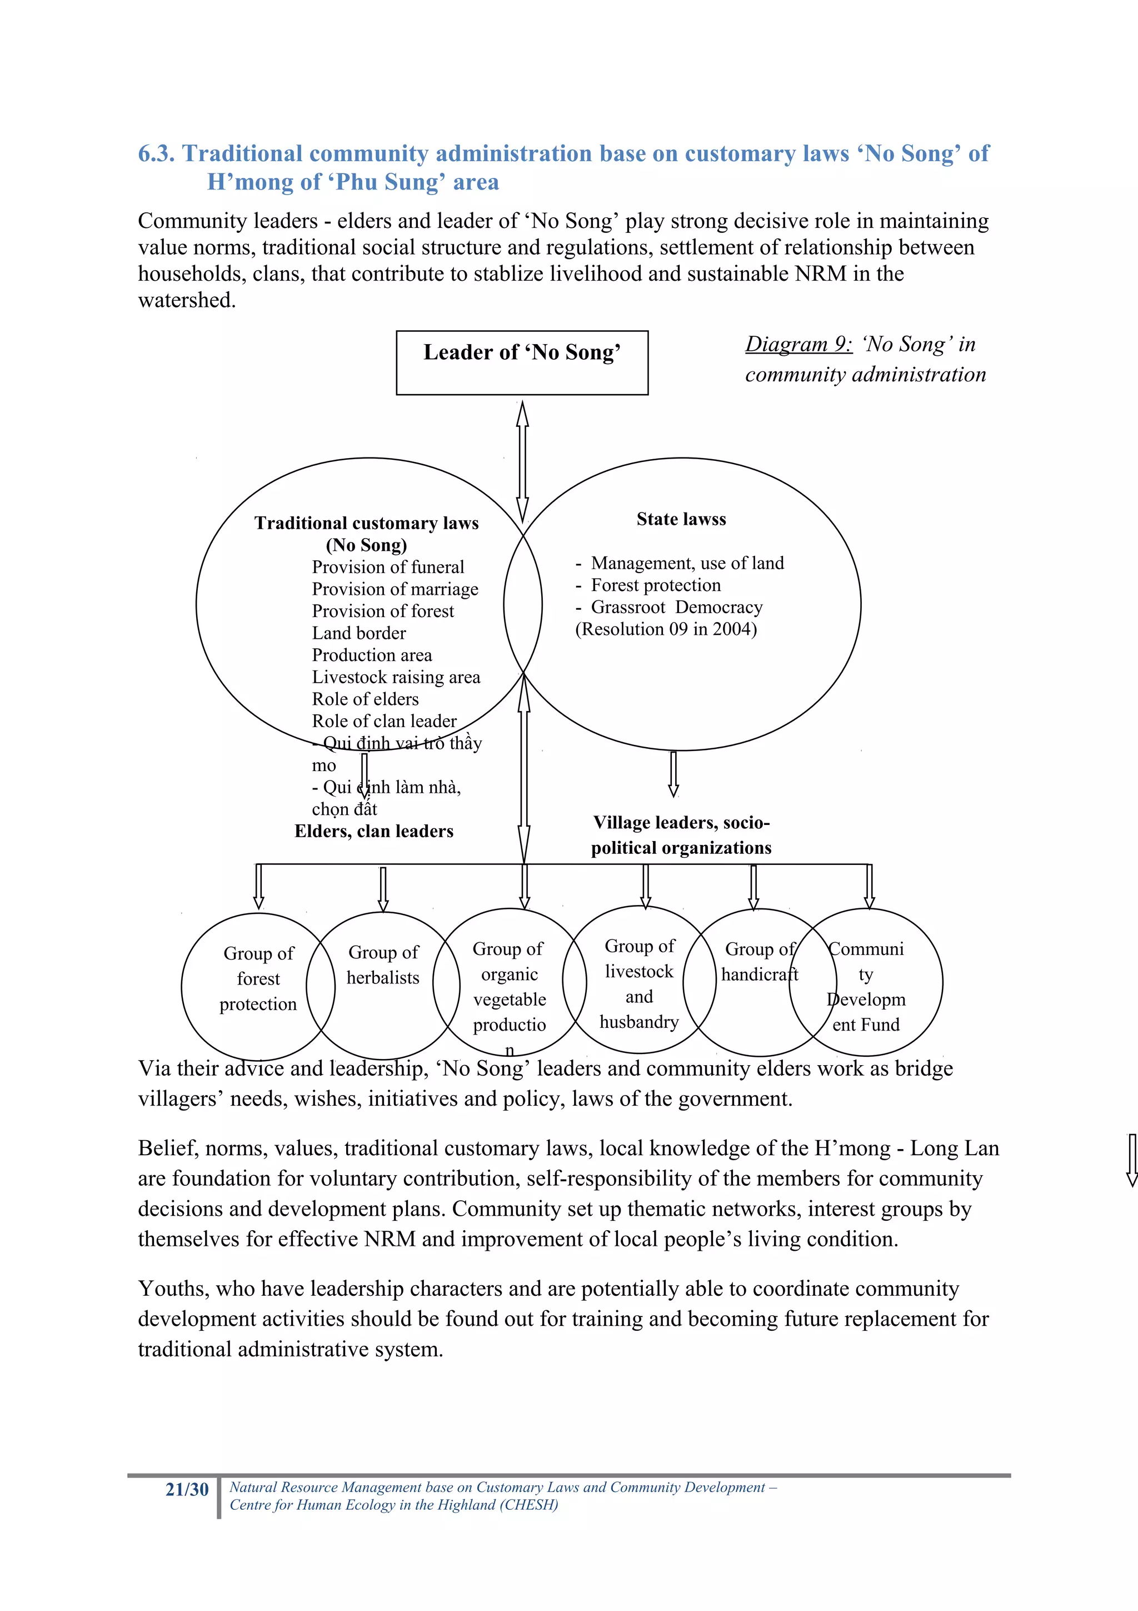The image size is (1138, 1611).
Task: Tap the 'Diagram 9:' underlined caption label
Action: (798, 345)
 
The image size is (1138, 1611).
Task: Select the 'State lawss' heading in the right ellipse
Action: (681, 519)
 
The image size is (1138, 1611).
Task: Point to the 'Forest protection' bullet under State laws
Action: (655, 585)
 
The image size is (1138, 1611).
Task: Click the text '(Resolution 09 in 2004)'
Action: (666, 629)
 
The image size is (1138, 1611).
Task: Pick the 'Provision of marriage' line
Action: (395, 589)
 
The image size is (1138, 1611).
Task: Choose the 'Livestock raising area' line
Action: (396, 677)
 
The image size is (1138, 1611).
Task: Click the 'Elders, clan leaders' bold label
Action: (374, 832)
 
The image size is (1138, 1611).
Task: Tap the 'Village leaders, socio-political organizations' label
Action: (681, 835)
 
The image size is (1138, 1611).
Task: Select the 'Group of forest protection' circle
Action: (258, 979)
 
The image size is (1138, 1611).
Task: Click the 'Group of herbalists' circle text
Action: (383, 965)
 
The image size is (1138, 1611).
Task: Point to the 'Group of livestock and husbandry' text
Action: (639, 984)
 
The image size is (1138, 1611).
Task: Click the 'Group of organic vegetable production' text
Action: (509, 987)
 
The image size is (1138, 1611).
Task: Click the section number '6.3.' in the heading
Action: (156, 153)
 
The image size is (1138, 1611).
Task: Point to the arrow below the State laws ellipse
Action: (673, 774)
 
